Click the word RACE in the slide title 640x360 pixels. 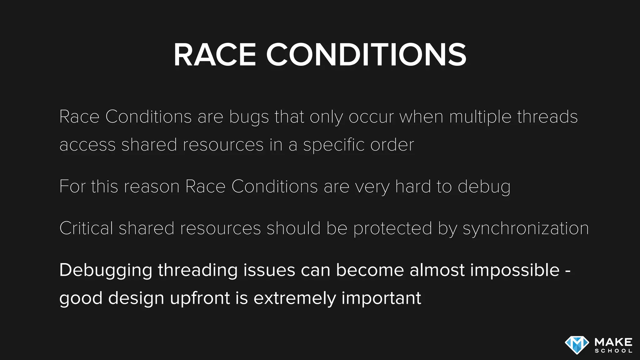point(215,55)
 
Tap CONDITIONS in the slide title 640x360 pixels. point(366,55)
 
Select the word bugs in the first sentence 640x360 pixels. point(249,117)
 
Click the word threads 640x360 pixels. point(547,117)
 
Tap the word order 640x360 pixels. point(392,145)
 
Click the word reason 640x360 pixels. point(152,187)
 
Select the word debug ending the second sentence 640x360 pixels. point(484,187)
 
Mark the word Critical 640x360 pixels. point(86,228)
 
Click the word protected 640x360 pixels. point(393,229)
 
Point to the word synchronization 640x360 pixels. point(526,229)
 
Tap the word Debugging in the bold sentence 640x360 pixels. point(106,271)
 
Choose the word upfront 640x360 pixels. point(200,298)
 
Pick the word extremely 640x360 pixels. point(294,298)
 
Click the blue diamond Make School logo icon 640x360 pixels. point(577,345)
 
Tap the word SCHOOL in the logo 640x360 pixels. point(613,351)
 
